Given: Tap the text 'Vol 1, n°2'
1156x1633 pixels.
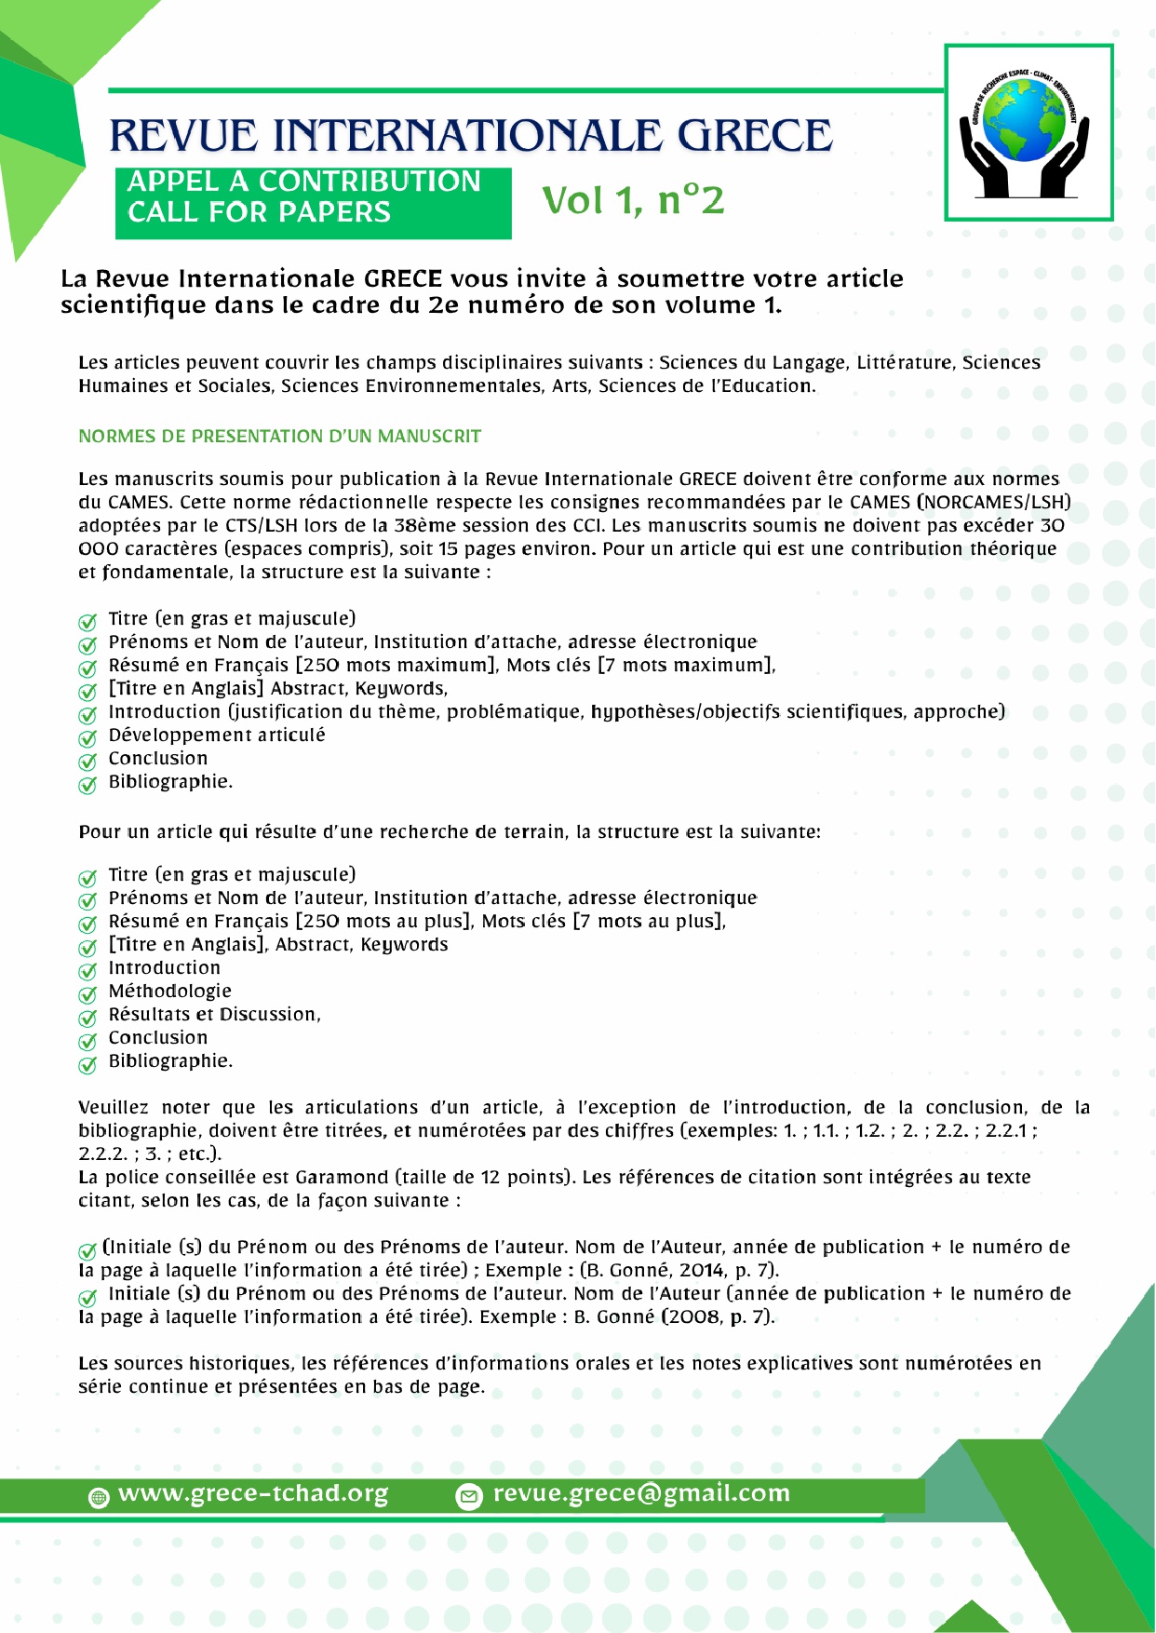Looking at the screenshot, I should coord(633,200).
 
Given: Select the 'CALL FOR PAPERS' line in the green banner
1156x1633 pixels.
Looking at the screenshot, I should coord(259,212).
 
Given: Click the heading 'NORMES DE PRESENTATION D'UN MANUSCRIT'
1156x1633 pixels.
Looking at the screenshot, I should coord(279,437).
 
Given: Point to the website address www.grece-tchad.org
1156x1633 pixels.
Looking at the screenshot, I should coord(253,1493).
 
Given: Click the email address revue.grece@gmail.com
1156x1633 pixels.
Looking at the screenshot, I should coord(641,1493).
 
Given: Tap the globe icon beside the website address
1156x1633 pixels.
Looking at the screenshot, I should coord(98,1497).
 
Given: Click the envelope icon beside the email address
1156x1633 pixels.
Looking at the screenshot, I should coord(468,1496).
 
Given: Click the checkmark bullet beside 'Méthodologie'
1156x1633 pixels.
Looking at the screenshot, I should coord(87,994).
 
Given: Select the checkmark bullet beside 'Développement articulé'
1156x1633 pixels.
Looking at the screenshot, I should coord(87,738).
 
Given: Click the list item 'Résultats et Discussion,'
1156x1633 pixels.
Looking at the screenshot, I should coord(214,1015).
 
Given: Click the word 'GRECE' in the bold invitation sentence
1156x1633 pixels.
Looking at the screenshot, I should coord(403,279).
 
